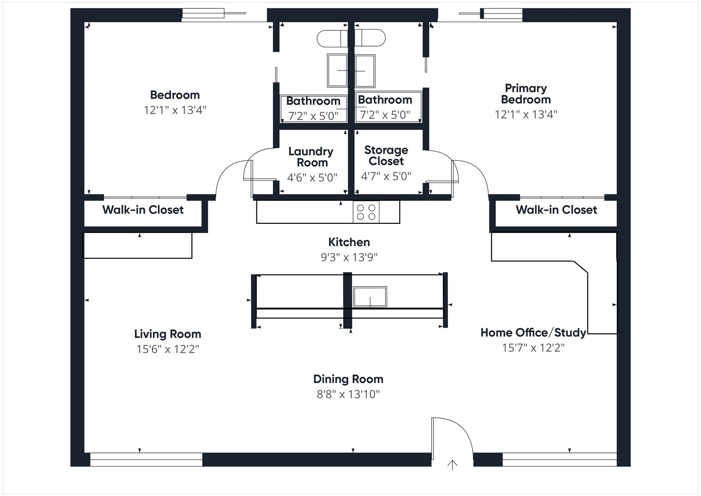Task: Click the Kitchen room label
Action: point(349,242)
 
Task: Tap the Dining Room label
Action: point(348,379)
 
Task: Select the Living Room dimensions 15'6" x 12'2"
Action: point(168,349)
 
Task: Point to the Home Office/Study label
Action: point(533,332)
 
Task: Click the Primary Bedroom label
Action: point(526,94)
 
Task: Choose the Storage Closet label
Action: point(386,155)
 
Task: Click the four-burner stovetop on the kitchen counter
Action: point(366,212)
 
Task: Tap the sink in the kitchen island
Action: point(370,296)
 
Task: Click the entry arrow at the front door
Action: point(452,465)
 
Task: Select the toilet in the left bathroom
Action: point(331,39)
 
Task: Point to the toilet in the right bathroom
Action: point(370,38)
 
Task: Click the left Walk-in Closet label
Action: point(143,210)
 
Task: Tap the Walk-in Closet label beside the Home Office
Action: point(556,210)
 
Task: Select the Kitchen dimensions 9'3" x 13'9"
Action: point(349,257)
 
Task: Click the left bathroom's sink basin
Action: point(337,71)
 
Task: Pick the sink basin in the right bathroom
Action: point(365,71)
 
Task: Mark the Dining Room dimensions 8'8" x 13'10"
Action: point(348,394)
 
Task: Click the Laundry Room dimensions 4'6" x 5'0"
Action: point(312,178)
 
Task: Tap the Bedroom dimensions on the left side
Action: point(175,110)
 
